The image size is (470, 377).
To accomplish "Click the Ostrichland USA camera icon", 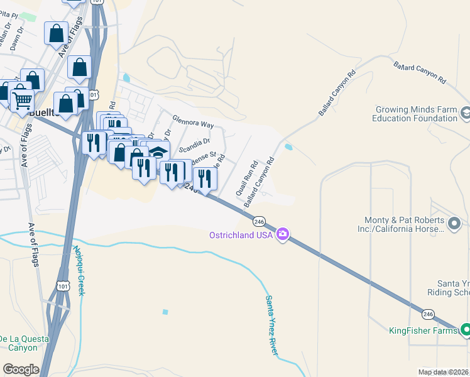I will click(283, 234).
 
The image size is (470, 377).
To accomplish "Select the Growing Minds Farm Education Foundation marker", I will click(466, 113).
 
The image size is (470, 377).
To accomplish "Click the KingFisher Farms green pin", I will click(466, 329).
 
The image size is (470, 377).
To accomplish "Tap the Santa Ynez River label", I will click(271, 325).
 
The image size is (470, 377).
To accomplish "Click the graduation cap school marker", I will click(158, 151).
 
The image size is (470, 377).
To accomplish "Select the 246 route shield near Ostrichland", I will click(259, 221).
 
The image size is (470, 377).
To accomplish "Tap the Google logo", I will click(21, 369).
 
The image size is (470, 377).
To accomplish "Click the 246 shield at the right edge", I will click(428, 313).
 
